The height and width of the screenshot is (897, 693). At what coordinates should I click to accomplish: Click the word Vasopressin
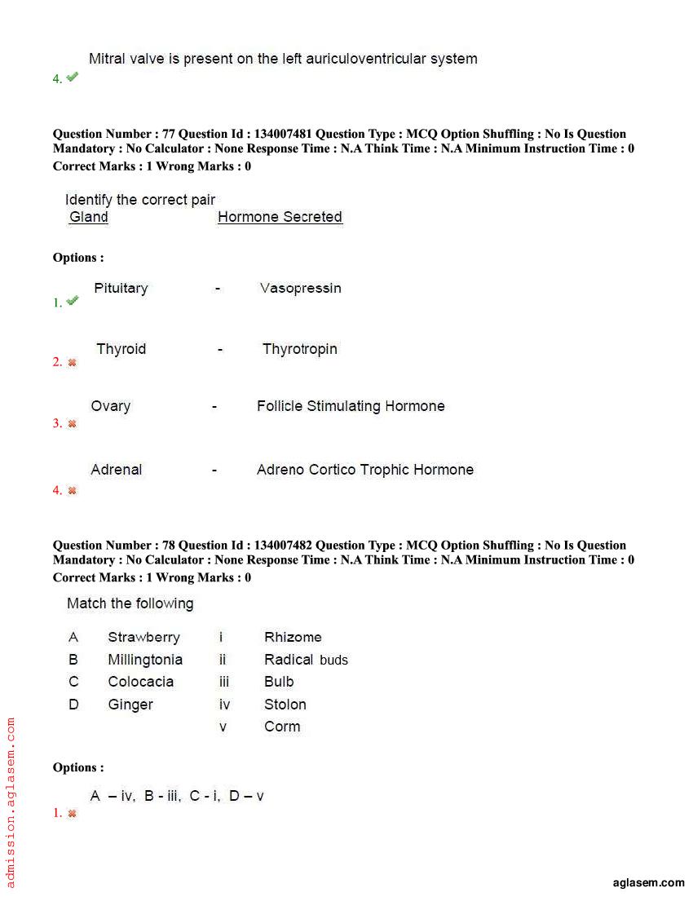coord(300,288)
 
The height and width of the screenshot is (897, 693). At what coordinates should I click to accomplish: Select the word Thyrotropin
coord(299,349)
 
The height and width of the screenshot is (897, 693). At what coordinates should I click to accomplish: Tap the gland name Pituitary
coord(121,288)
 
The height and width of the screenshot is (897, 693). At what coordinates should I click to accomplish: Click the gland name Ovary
coord(110,406)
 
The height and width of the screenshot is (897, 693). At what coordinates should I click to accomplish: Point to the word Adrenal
coord(116,470)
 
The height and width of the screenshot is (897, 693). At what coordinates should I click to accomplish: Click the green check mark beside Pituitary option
coord(73,301)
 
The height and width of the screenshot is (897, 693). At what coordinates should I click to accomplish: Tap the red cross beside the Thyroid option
coord(72,363)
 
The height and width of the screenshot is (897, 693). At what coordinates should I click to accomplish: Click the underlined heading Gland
coord(89,217)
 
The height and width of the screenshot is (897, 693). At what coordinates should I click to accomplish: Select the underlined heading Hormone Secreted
coord(280,217)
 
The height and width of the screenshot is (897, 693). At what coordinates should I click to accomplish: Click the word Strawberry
coord(143,638)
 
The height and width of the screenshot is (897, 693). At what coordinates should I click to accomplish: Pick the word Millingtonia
coord(145,660)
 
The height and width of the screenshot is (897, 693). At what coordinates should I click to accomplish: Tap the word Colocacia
coord(140,682)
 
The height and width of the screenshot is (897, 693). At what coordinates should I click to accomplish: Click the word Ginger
coord(130,705)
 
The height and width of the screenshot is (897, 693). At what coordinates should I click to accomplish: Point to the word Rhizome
coord(293,638)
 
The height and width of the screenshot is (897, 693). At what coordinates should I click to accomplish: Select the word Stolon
coord(285,705)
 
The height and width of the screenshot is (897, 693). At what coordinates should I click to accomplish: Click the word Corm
coord(282,727)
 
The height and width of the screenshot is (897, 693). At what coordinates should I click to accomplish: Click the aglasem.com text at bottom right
coord(648,882)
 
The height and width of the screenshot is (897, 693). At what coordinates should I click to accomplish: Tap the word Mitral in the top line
coord(106,59)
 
